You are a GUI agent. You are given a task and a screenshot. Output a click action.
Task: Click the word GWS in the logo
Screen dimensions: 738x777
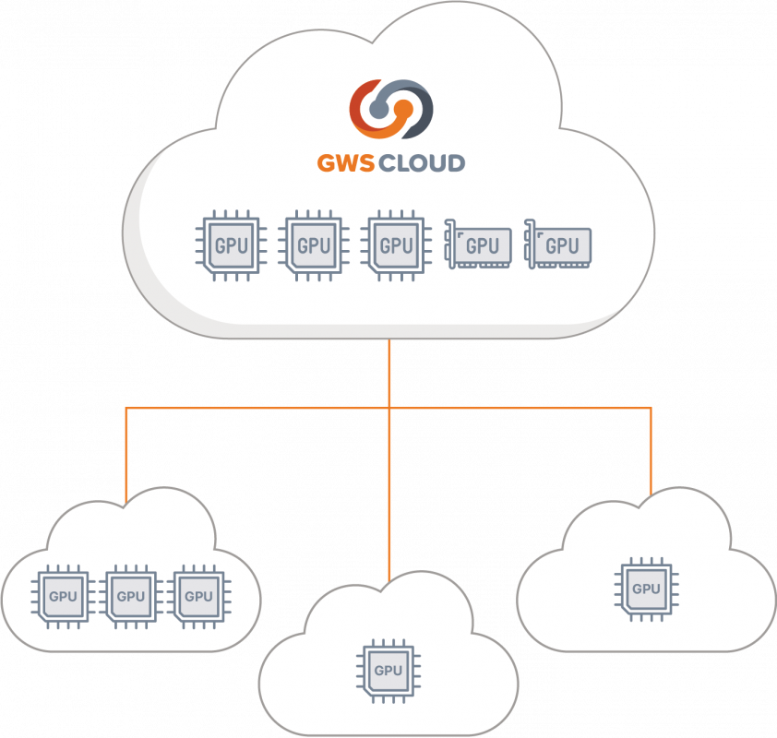pyautogui.click(x=342, y=164)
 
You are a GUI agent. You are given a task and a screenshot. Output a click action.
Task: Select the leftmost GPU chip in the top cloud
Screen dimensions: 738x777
pyautogui.click(x=230, y=245)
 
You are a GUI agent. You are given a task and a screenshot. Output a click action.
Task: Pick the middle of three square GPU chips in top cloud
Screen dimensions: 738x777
pyautogui.click(x=313, y=245)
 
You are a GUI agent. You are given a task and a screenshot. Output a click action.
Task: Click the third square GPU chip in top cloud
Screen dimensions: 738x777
pyautogui.click(x=396, y=245)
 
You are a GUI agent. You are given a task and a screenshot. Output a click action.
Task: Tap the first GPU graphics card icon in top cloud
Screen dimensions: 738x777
pyautogui.click(x=479, y=245)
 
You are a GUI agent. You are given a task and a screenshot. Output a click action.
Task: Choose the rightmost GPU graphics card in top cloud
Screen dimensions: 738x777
pyautogui.click(x=558, y=245)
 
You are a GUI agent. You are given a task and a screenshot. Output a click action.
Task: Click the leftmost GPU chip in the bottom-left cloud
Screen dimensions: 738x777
pyautogui.click(x=63, y=596)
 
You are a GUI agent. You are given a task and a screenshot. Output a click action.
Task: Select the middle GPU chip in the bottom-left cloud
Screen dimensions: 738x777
pyautogui.click(x=131, y=596)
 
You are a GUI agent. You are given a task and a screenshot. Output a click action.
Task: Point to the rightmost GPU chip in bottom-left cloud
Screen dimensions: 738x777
pyautogui.click(x=199, y=596)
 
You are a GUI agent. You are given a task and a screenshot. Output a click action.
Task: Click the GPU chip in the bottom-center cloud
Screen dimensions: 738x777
pyautogui.click(x=388, y=671)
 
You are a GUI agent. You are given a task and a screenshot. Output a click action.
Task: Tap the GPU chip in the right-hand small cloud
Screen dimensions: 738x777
pyautogui.click(x=646, y=589)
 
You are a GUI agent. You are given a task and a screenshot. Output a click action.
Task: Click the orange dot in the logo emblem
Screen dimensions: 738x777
pyautogui.click(x=403, y=109)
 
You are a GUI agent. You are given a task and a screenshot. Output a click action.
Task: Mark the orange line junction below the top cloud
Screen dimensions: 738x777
pyautogui.click(x=389, y=408)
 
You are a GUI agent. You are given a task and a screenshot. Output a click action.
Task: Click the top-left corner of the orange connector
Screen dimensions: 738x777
pyautogui.click(x=126, y=408)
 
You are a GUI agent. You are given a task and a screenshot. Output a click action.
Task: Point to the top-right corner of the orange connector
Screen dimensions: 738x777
pyautogui.click(x=651, y=408)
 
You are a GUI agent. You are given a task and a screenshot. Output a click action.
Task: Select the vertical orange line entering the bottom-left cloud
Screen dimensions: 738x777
pyautogui.click(x=126, y=461)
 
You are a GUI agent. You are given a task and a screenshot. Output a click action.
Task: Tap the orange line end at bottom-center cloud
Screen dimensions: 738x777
pyautogui.click(x=389, y=577)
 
